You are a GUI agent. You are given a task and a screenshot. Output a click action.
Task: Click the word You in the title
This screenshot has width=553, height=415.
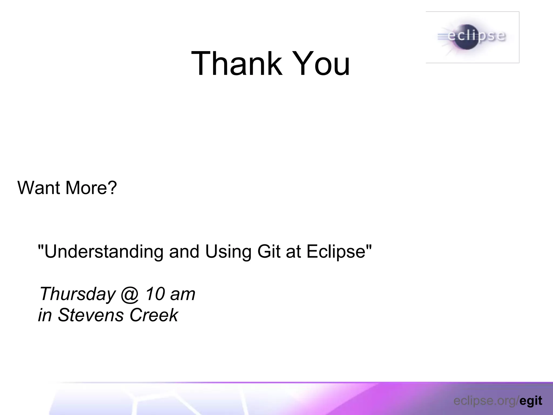pos(322,63)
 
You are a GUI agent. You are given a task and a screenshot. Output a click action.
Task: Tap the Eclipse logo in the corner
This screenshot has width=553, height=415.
pos(473,37)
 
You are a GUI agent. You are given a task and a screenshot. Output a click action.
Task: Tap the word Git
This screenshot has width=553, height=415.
pos(269,251)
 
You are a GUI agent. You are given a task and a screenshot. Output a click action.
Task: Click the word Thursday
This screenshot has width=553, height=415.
pos(77,294)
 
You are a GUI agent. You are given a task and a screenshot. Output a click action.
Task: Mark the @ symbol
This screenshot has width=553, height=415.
pos(130,294)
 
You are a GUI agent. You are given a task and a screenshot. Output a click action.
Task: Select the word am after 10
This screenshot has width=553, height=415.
pos(183,294)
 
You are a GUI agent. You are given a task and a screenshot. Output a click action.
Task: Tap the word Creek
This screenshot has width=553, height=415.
pos(154,315)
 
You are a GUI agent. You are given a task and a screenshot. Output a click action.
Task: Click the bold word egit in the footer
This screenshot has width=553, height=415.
pos(531,401)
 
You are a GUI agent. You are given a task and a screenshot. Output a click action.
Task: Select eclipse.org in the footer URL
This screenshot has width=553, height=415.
pos(485,401)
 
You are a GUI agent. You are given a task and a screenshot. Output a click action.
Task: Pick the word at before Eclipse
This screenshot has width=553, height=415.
pos(293,252)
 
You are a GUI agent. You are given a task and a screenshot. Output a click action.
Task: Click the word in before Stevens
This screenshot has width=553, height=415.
pos(45,315)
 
